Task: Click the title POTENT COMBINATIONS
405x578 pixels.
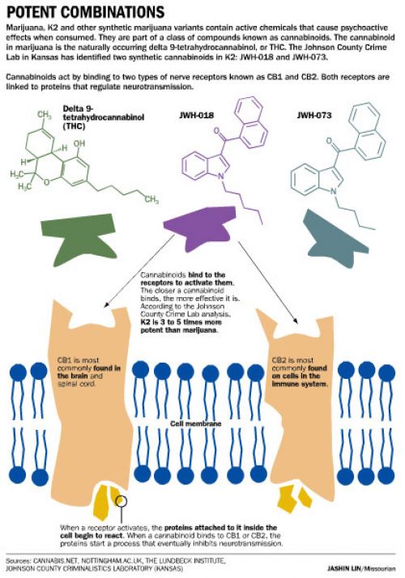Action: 86,12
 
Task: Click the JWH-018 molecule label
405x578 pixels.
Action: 196,116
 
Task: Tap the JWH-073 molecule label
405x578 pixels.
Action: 314,116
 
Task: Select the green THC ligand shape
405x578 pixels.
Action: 78,239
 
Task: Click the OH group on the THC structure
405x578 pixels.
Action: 79,143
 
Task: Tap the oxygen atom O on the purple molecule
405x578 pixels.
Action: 216,130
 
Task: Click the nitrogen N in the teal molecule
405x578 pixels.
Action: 333,191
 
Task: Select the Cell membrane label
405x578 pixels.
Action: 195,424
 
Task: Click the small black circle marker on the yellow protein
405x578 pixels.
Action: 122,500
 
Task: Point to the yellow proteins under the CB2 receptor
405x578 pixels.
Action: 296,499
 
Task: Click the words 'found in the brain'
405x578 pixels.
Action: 88,372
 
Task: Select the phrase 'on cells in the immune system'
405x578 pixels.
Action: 300,380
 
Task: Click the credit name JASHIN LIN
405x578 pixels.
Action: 344,569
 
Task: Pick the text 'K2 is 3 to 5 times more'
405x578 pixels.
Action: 181,322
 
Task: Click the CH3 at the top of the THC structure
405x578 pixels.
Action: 45,116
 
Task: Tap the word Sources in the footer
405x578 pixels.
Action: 19,561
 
